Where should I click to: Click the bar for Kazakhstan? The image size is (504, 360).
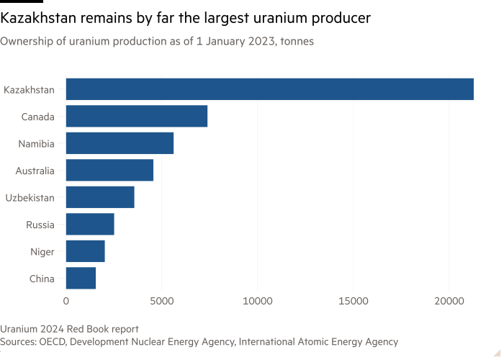pos(270,89)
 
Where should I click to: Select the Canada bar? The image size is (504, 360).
pos(137,116)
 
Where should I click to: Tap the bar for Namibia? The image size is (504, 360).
pos(120,143)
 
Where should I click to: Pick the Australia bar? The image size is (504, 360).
pos(110,170)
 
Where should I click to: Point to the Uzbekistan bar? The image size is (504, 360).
pos(100,197)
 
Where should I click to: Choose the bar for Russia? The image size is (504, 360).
pos(90,225)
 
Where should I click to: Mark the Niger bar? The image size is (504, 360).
pos(86,251)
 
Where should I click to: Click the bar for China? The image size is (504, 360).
pos(81,279)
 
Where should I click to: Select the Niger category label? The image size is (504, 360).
pos(42,251)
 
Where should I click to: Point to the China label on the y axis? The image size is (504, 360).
pos(41,279)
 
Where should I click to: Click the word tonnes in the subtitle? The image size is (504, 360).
pos(295,42)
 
